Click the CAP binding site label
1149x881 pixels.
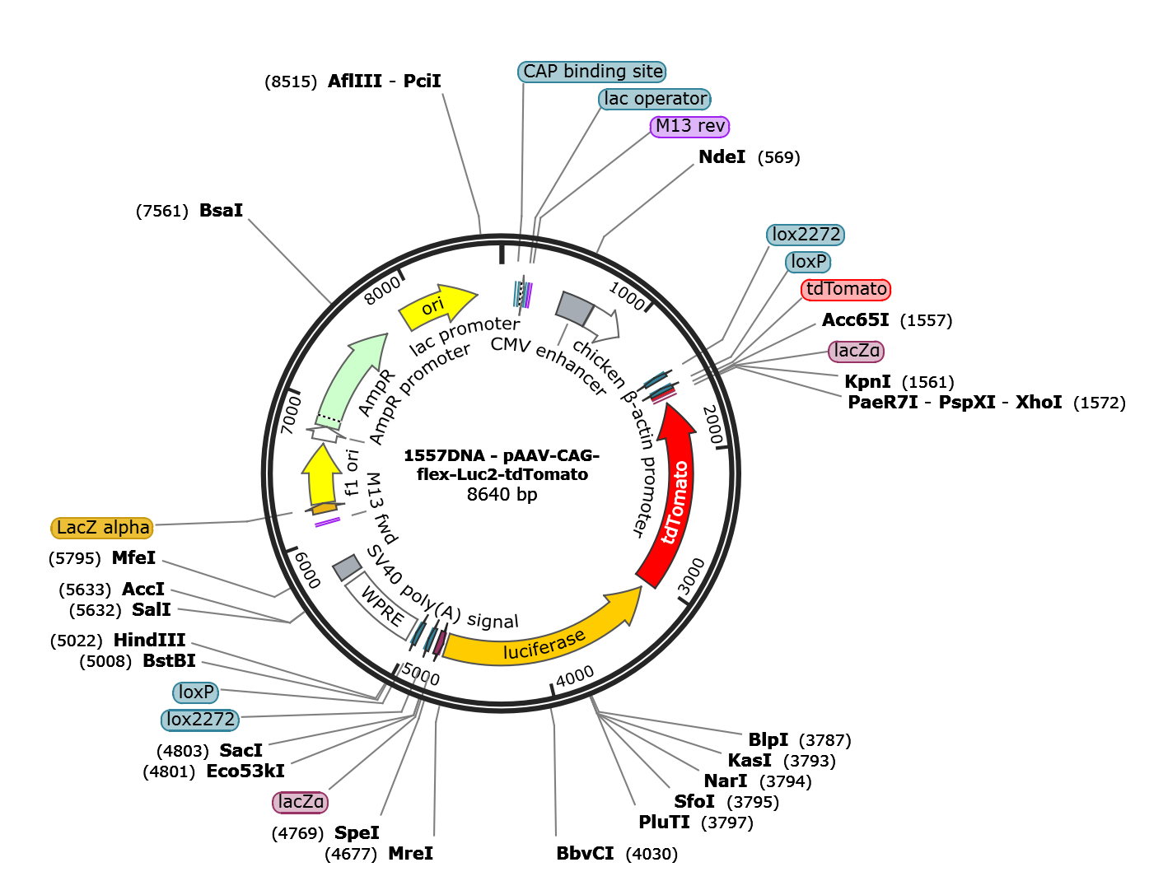tap(592, 72)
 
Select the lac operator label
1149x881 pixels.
tap(655, 99)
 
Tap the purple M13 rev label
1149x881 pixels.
tap(690, 126)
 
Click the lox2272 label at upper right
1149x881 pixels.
tap(806, 235)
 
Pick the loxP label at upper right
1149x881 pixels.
tap(808, 262)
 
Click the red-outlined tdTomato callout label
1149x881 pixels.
tap(846, 289)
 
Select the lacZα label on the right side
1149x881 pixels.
tap(857, 351)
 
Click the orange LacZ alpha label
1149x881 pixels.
tap(103, 528)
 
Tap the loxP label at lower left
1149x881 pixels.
tap(196, 692)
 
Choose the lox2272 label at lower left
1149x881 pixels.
tap(200, 720)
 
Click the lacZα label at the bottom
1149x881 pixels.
tap(301, 802)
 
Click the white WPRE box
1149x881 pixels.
tap(381, 608)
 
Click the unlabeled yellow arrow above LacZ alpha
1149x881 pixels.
tap(321, 482)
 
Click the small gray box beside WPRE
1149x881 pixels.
tap(347, 567)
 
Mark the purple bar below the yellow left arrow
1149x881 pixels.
tap(328, 521)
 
